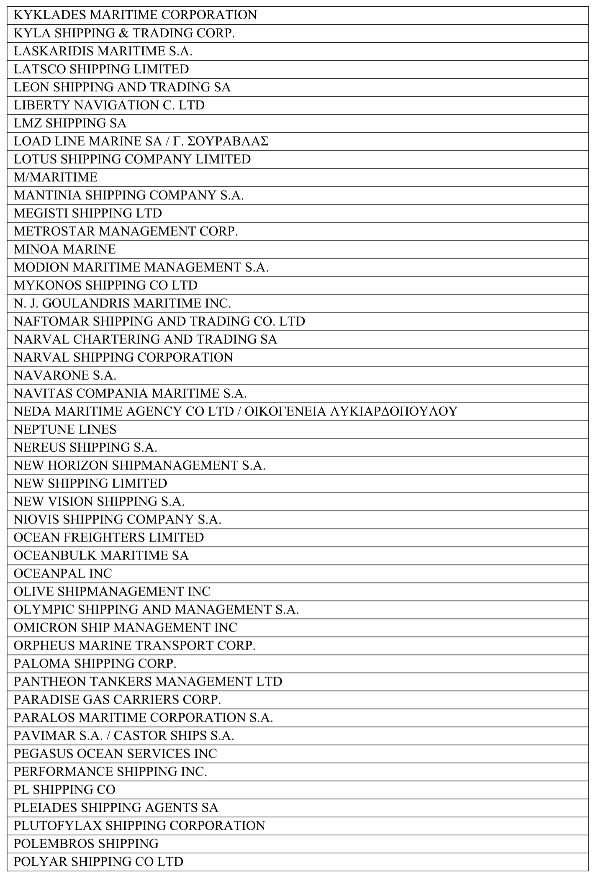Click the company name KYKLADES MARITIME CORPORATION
[135, 15]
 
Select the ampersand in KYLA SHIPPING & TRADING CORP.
[122, 33]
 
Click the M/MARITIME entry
[55, 177]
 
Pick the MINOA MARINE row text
[64, 249]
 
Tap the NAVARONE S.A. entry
[65, 375]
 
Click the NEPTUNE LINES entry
[65, 429]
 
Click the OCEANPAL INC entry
[63, 573]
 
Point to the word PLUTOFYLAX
[58, 826]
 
